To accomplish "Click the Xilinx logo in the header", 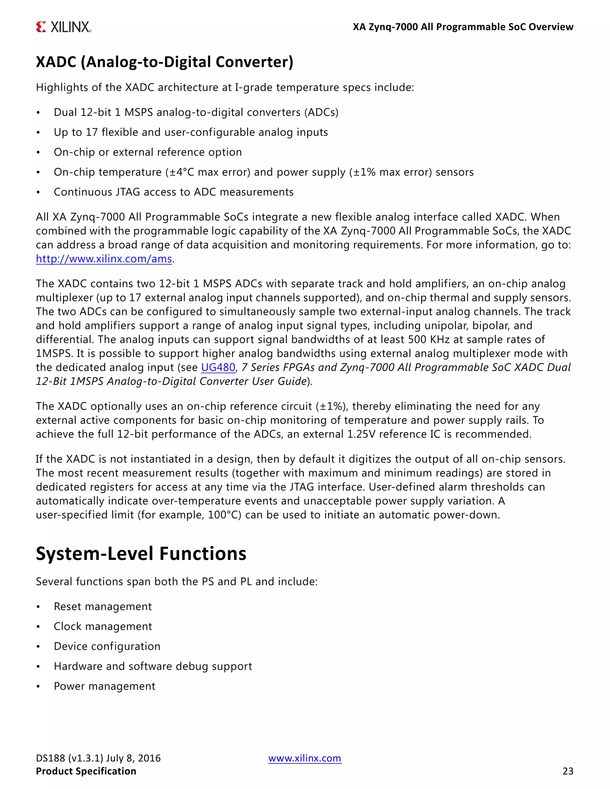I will (x=64, y=27).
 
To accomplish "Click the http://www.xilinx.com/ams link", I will (x=104, y=259).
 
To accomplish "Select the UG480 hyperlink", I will (x=218, y=367).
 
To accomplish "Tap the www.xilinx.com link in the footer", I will (x=304, y=758).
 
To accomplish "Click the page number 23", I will (x=568, y=771).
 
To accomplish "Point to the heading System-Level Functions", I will (x=141, y=553).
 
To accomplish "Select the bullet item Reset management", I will (x=103, y=606).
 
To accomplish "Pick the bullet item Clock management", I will (x=103, y=626).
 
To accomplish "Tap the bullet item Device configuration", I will (x=107, y=646).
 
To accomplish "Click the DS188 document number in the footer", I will (x=51, y=758).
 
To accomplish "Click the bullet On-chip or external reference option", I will (x=148, y=152).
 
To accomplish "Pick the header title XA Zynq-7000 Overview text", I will (x=463, y=27).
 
